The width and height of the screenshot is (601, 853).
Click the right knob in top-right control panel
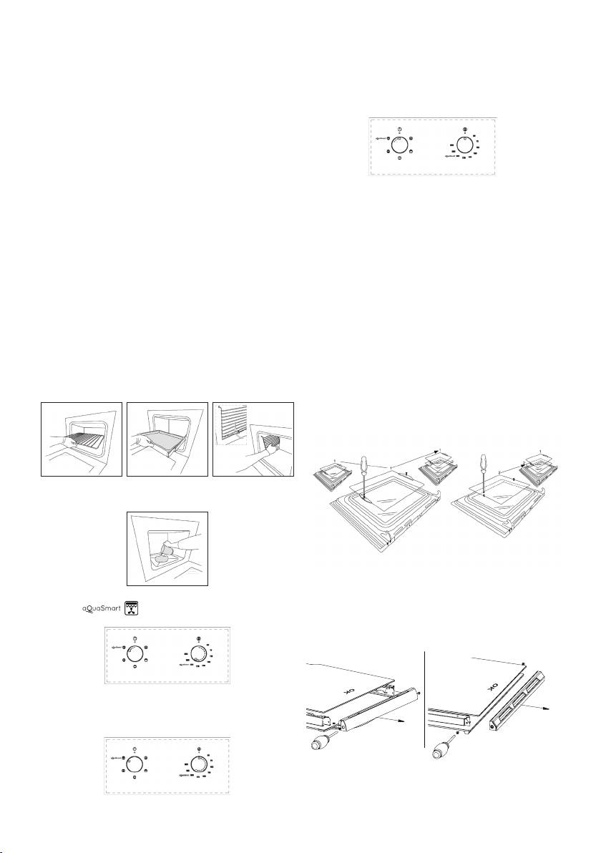pos(465,145)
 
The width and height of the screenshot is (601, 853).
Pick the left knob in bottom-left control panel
pos(135,764)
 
